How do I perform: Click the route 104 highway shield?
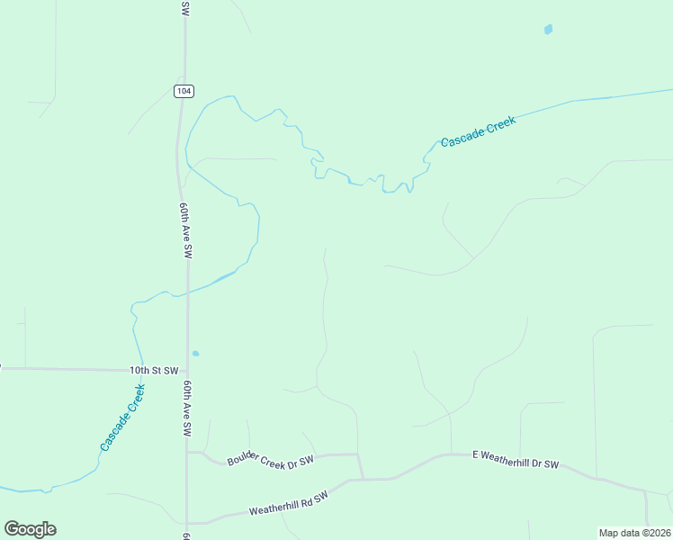(x=184, y=91)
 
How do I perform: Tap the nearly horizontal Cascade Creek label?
(x=477, y=131)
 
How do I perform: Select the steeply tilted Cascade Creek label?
(x=123, y=418)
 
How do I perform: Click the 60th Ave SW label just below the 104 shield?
(x=186, y=230)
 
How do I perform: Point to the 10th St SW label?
(x=154, y=371)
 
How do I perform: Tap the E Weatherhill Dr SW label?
(x=516, y=460)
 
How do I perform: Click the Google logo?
(x=30, y=529)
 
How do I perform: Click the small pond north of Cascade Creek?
(x=548, y=30)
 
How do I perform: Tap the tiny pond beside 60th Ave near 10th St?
(x=195, y=354)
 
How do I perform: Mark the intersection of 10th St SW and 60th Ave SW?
(x=187, y=370)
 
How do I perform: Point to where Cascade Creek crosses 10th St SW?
(x=139, y=369)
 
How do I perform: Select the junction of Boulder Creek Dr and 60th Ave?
(x=188, y=452)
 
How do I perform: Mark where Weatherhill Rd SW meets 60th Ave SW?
(x=188, y=522)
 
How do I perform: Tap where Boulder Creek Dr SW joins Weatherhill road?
(x=362, y=479)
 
